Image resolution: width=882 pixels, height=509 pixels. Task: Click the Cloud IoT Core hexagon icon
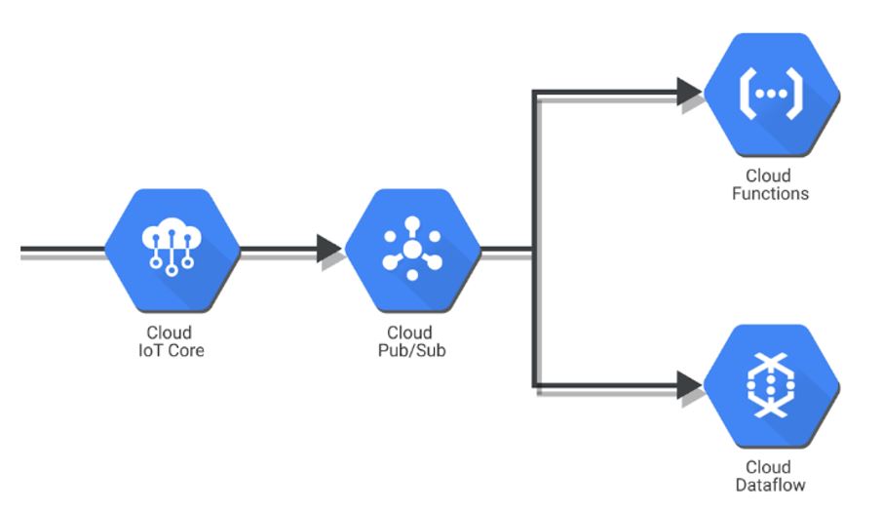tap(172, 251)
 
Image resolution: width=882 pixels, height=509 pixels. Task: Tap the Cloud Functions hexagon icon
tap(769, 95)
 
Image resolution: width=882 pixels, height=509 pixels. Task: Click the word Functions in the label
tap(769, 193)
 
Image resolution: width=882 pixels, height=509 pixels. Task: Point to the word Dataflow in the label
tap(769, 485)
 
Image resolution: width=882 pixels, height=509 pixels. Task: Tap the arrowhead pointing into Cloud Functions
tap(688, 94)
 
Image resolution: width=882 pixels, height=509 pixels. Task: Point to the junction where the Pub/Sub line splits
tap(532, 251)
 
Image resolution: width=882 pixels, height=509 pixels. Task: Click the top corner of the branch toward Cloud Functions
tap(533, 95)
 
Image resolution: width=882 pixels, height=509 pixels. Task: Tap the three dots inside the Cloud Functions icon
tap(769, 95)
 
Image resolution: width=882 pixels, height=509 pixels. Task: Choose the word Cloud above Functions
tap(769, 176)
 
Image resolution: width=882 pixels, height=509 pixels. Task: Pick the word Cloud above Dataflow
tap(769, 467)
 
